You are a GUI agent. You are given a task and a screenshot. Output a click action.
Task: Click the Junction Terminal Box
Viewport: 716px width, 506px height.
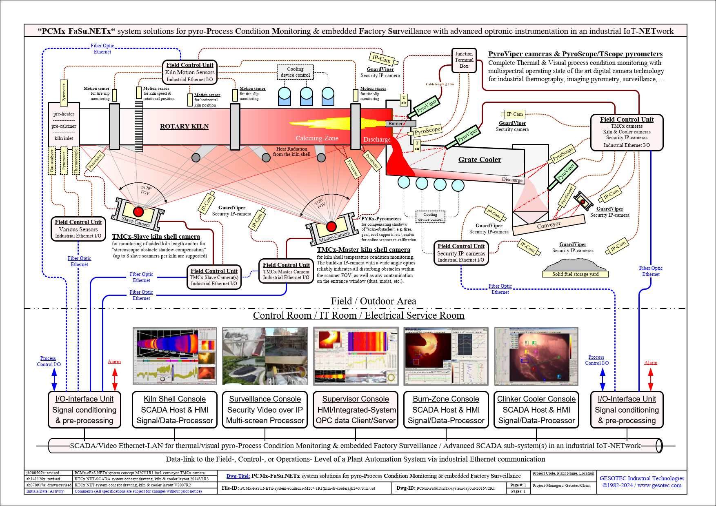464,60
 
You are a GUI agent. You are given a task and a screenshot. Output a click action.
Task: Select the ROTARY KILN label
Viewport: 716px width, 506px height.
184,126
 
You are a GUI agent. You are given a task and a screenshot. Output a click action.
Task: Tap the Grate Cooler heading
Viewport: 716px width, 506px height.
480,160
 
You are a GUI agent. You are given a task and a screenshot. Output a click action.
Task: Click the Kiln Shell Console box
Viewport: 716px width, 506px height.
175,410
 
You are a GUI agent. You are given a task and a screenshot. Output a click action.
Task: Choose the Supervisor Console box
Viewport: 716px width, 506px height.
356,410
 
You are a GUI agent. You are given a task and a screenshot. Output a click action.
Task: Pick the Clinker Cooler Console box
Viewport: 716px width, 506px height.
536,410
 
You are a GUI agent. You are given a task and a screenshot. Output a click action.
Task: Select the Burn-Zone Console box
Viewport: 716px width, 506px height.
446,410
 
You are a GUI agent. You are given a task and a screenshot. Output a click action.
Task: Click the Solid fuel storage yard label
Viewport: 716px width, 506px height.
575,274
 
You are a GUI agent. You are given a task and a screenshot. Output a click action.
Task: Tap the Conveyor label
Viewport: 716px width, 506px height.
549,225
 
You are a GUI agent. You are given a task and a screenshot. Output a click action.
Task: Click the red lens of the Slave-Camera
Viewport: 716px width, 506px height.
138,212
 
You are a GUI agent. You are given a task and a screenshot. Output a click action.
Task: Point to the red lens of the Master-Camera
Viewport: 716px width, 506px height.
331,226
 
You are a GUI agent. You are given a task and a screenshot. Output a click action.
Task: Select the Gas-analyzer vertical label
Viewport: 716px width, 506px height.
52,161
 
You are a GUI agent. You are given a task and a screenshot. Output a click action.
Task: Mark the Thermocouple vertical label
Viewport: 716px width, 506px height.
76,161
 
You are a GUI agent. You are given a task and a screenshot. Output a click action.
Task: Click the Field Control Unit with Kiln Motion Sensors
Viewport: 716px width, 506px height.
190,72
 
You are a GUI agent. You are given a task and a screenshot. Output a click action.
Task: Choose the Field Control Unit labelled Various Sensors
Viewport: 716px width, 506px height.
78,229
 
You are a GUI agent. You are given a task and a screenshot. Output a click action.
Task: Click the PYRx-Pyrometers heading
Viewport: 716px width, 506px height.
381,219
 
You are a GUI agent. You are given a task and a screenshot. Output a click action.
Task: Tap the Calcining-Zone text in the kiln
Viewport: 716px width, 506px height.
317,138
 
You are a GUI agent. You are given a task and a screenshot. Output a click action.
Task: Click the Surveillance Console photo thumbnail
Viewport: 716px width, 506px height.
265,356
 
